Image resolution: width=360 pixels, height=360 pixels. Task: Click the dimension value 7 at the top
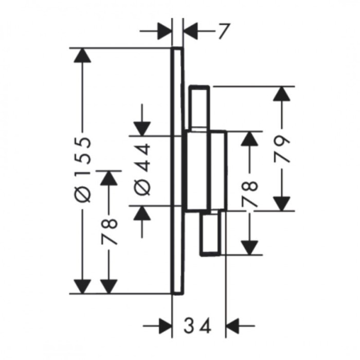[x=224, y=31]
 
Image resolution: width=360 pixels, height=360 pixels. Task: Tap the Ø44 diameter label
[x=142, y=170]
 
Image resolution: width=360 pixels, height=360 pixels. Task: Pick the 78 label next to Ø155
[x=109, y=232]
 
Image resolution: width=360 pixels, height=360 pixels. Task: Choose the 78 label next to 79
[x=249, y=194]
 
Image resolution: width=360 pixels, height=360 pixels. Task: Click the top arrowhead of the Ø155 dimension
[x=82, y=56]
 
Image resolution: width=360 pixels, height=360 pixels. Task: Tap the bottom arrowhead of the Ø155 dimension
[x=82, y=286]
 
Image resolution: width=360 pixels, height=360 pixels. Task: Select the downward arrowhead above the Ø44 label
[x=142, y=129]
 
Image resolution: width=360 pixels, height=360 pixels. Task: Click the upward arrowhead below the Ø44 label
[x=142, y=213]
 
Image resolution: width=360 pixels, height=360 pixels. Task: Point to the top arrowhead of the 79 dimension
[x=282, y=94]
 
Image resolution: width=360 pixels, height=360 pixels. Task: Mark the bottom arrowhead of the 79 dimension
[x=282, y=204]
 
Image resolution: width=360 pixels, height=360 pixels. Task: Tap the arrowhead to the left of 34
[x=165, y=326]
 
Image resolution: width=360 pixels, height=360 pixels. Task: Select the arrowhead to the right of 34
[x=232, y=326]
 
